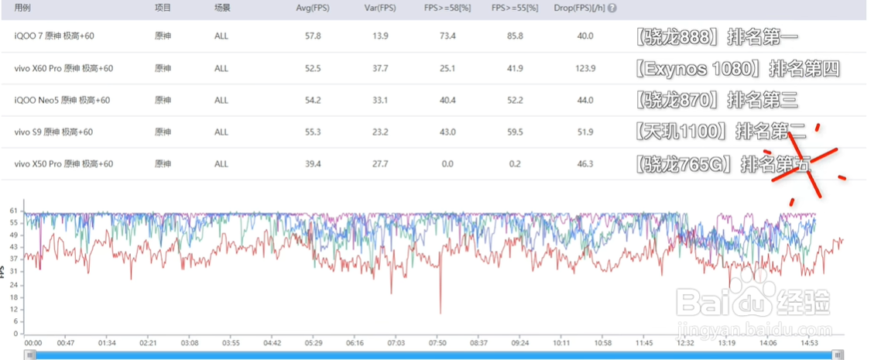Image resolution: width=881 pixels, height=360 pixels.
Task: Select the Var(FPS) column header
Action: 379,8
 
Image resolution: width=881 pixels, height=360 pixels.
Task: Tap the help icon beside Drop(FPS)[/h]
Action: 612,9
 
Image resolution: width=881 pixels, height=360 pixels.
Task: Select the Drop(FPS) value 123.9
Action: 586,68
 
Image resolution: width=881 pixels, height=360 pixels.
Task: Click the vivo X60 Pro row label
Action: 64,68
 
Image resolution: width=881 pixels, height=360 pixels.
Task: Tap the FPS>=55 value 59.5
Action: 513,132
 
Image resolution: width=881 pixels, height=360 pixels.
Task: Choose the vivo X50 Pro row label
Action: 64,164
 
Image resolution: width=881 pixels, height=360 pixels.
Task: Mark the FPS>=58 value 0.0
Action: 447,164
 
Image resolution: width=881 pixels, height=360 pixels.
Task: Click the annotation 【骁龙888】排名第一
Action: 715,36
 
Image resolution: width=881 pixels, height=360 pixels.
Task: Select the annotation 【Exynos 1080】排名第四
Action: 736,68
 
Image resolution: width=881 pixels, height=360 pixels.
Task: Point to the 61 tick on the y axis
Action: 14,211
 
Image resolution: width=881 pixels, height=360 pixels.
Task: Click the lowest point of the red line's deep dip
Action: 440,313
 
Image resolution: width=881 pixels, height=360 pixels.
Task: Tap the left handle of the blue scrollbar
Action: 30,355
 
